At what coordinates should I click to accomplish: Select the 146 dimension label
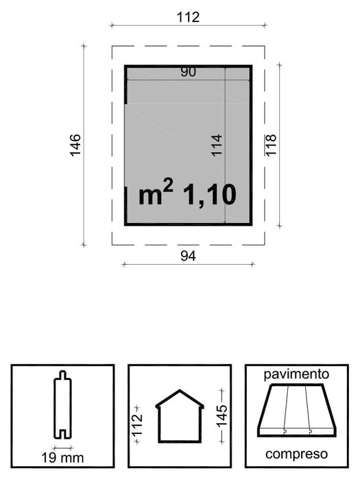[x=75, y=145]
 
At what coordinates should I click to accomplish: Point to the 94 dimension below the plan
[x=188, y=256]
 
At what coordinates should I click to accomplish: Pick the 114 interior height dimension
[x=217, y=146]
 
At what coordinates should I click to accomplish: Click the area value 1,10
[x=210, y=195]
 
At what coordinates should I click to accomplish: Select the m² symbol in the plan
[x=156, y=194]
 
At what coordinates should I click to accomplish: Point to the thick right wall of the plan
[x=251, y=145]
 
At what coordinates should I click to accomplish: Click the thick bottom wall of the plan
[x=189, y=224]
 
